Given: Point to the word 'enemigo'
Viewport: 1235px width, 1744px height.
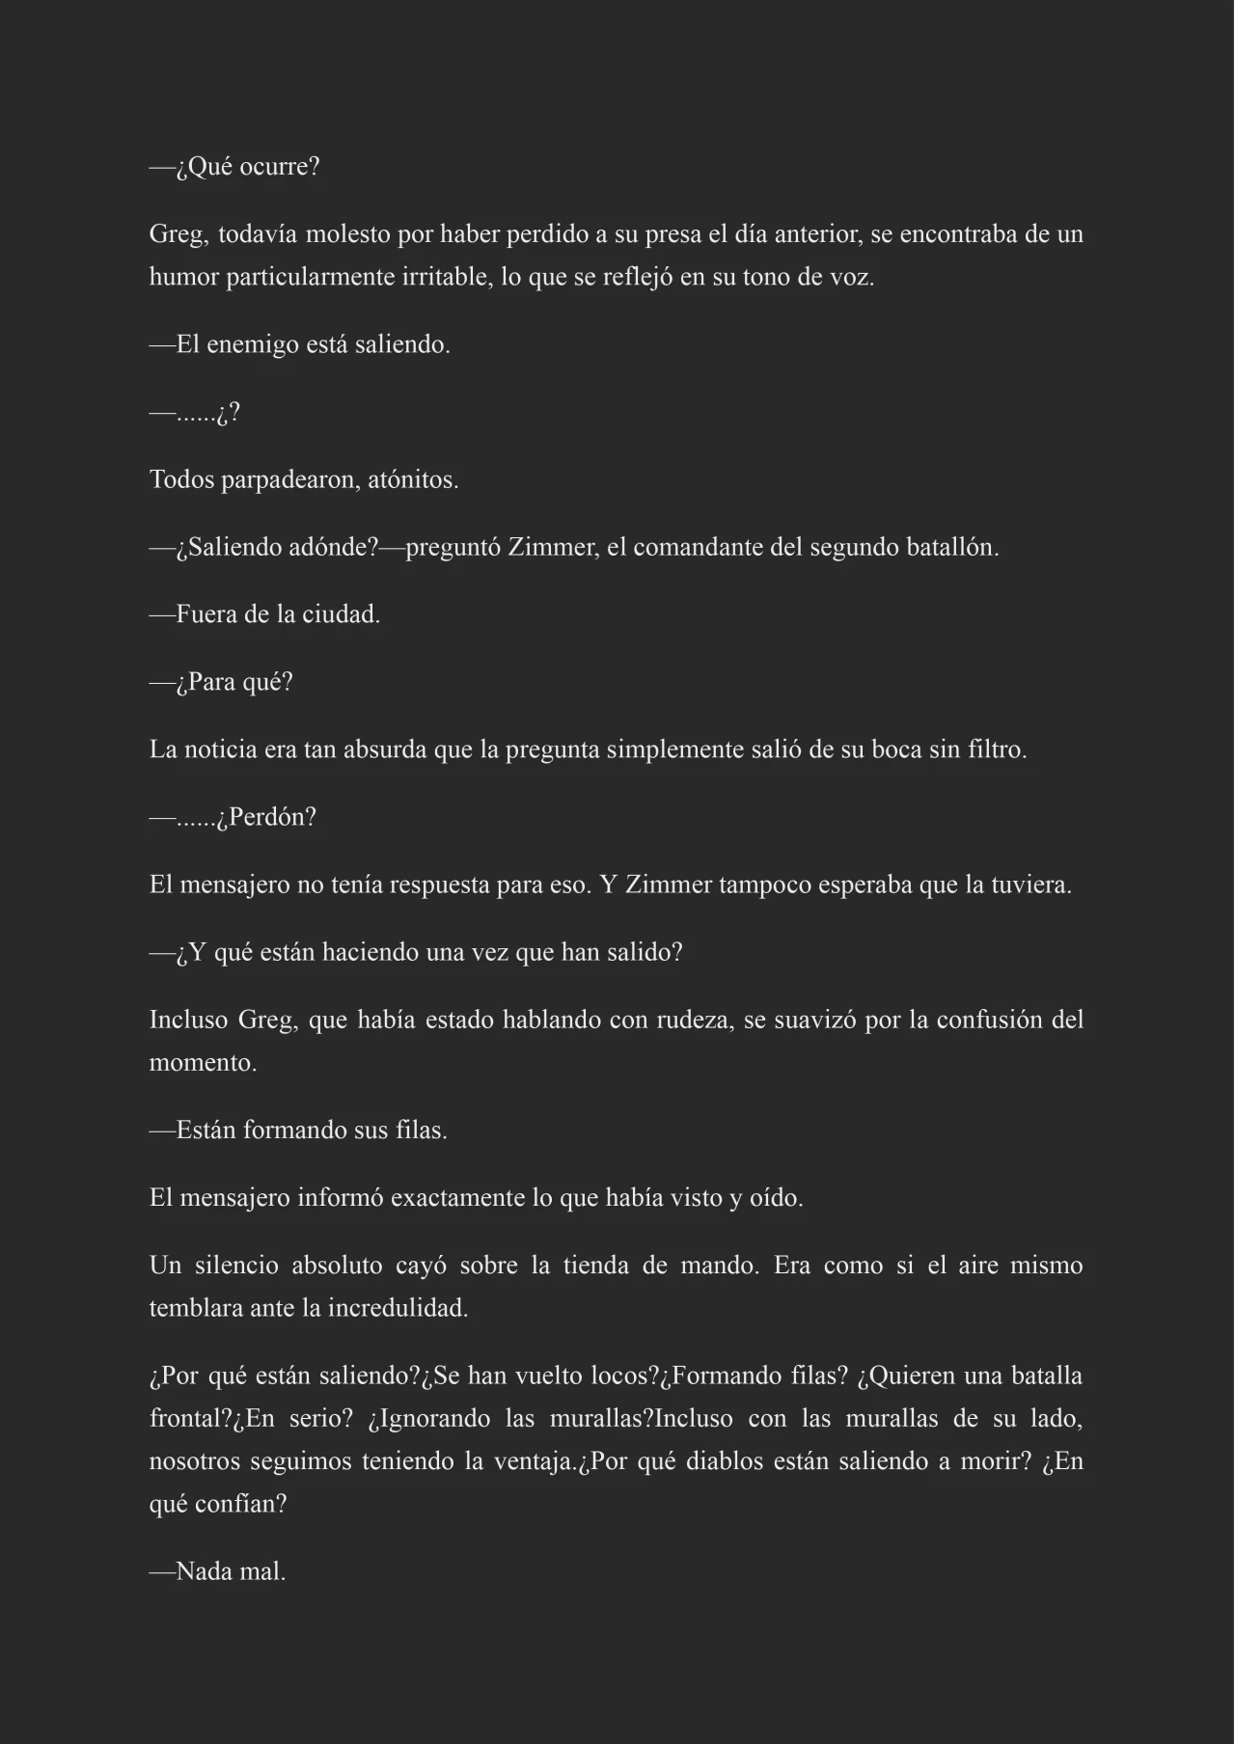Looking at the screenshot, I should pos(253,345).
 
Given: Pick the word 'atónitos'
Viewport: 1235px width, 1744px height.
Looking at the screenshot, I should pos(412,479).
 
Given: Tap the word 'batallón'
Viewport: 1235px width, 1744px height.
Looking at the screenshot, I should pos(952,548).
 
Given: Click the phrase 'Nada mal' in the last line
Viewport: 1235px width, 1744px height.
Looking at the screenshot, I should pos(231,1572).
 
